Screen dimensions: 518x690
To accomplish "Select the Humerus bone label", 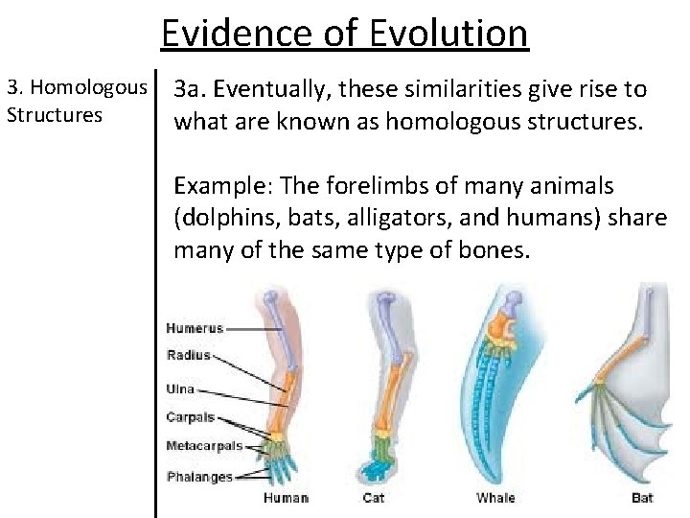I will (195, 328).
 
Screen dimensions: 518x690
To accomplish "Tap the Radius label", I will (189, 355).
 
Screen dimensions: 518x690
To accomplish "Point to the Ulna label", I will (180, 388).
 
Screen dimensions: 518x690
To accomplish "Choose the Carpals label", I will (191, 418).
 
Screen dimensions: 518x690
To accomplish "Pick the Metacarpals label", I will (204, 446).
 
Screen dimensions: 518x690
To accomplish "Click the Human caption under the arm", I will (287, 498).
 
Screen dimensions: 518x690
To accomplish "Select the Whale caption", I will (494, 498).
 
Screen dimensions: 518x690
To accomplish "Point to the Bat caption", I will (643, 498).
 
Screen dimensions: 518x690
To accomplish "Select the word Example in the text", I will (215, 185).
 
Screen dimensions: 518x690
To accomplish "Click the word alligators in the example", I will (383, 218).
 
